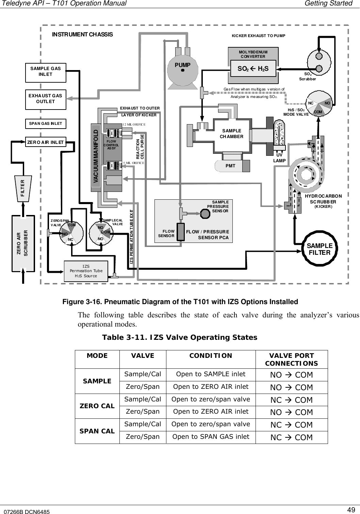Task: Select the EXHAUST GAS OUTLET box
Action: coord(46,99)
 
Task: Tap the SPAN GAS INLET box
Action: coord(46,123)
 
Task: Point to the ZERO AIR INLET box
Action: coord(46,142)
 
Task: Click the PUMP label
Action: coord(182,65)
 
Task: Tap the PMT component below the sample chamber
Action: coord(233,166)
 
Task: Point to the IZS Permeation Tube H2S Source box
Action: coord(86,271)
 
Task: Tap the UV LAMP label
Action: coord(279,157)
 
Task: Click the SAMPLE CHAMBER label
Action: coord(232,134)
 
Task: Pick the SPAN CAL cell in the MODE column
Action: coord(97,431)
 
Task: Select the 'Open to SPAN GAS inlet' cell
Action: coord(211,437)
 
